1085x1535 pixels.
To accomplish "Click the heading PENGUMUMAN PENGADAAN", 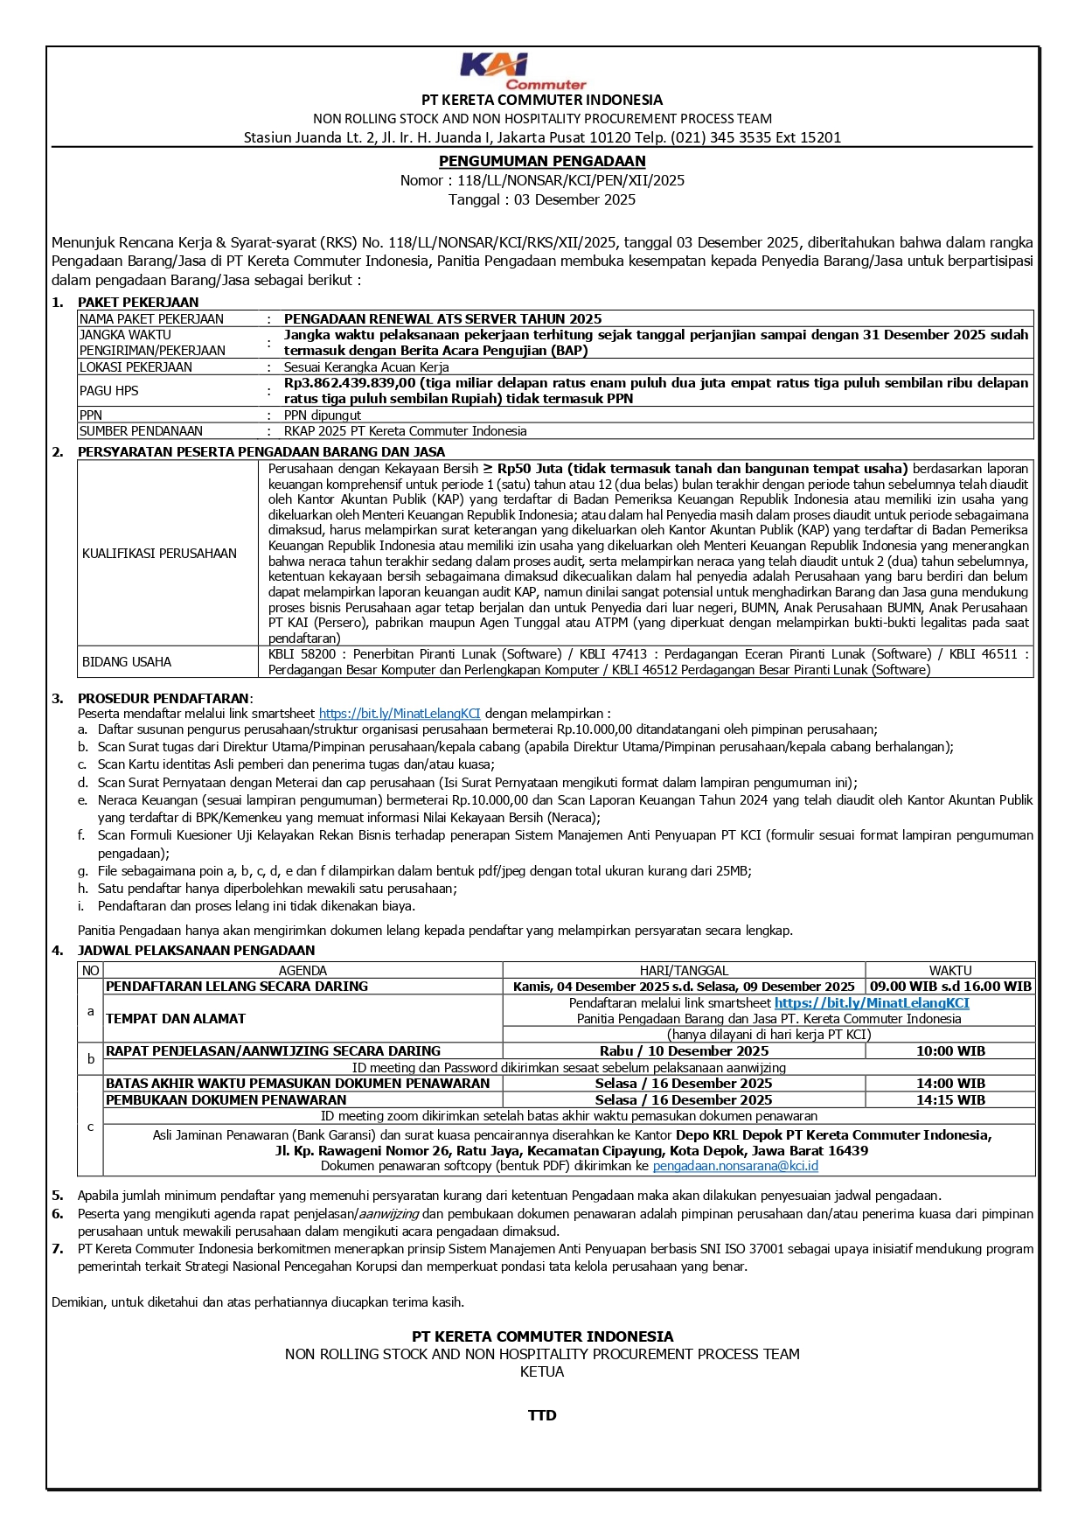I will [542, 161].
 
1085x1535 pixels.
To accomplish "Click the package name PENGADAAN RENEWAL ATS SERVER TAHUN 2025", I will [442, 319].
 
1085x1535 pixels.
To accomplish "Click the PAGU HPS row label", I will [108, 391].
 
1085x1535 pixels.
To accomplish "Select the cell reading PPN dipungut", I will [322, 415].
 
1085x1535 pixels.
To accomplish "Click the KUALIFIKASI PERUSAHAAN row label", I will [159, 554].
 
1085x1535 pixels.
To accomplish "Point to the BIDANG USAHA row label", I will [127, 662].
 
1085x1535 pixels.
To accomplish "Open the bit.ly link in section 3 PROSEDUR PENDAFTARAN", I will [400, 714].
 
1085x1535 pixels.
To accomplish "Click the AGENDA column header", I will [303, 971].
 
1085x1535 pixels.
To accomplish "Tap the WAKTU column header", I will [950, 971].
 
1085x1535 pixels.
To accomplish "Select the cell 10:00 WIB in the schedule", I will [950, 1051].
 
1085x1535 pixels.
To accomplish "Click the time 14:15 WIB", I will [950, 1100].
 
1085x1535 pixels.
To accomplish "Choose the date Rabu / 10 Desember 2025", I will [684, 1051].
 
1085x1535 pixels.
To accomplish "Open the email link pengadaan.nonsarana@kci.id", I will [735, 1166].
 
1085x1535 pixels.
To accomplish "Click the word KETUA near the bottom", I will [542, 1371].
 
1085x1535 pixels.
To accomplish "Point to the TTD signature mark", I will [542, 1415].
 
